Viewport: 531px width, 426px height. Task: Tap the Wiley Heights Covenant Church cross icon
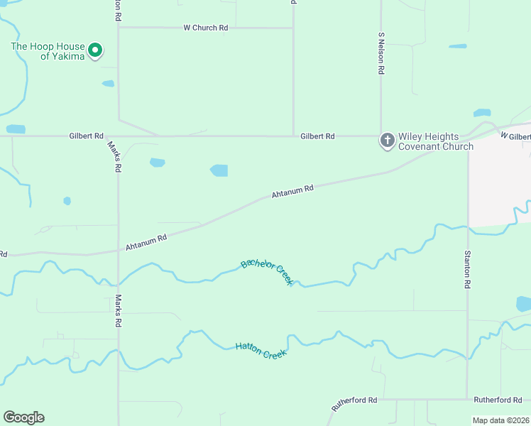[x=387, y=140]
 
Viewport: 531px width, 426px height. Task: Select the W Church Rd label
[x=205, y=28]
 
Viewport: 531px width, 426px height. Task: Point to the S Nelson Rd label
[x=381, y=53]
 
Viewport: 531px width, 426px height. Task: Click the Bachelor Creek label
[x=267, y=271]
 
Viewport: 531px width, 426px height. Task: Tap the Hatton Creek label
[x=261, y=349]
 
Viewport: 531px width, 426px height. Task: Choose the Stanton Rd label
[x=467, y=268]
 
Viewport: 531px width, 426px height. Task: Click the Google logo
[x=23, y=417]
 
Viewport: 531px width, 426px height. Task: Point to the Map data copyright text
[x=501, y=420]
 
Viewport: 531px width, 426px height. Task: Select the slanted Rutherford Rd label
[x=354, y=404]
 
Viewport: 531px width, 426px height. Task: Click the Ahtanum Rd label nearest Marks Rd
[x=146, y=242]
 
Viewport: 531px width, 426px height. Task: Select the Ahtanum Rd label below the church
[x=292, y=192]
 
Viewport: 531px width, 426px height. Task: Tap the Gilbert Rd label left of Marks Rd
[x=87, y=135]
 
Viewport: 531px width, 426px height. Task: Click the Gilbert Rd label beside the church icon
[x=317, y=135]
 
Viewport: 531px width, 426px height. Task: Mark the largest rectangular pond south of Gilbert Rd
[x=219, y=170]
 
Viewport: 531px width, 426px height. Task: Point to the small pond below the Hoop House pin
[x=108, y=84]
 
